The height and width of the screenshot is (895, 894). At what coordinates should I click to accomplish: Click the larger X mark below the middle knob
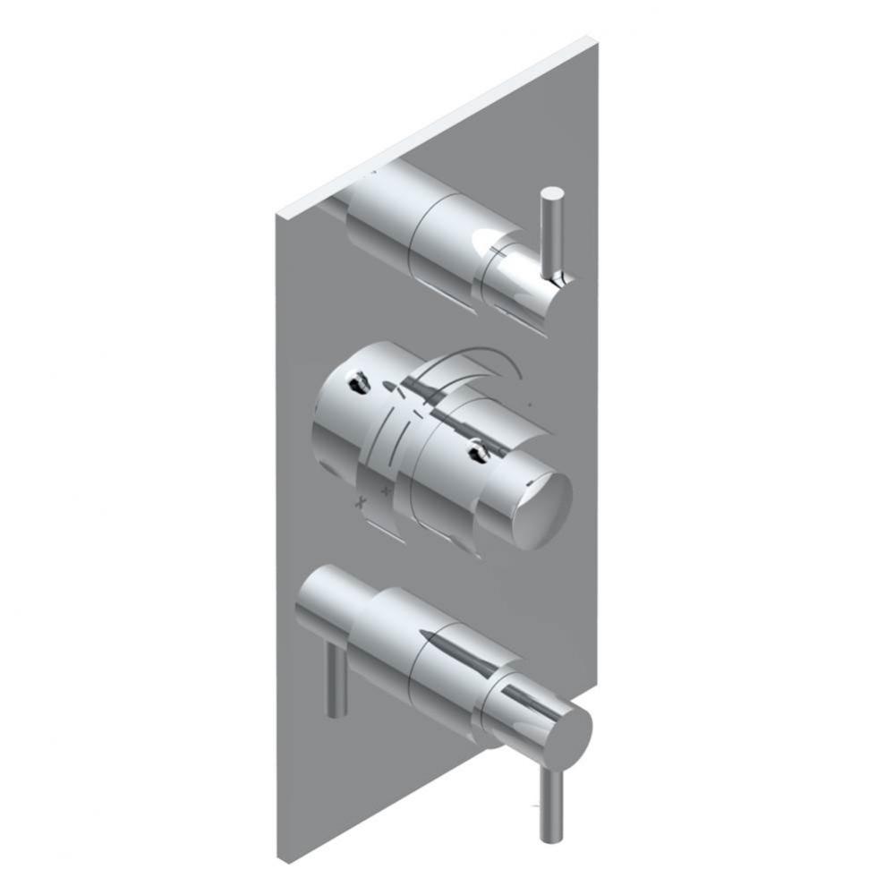pos(362,501)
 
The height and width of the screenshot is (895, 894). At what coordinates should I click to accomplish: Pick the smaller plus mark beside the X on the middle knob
pos(387,490)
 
